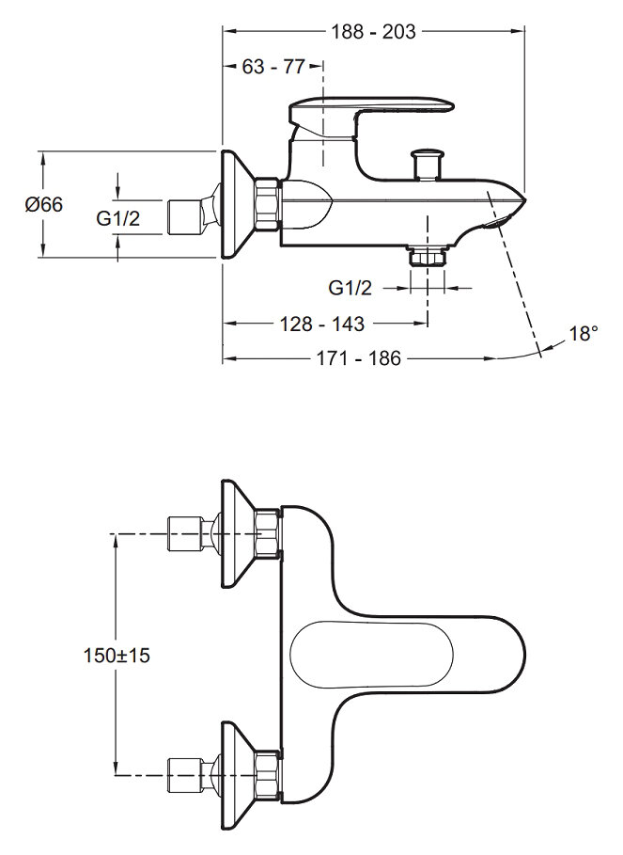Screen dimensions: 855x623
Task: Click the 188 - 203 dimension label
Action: click(373, 31)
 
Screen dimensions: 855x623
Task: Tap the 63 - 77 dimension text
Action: click(273, 67)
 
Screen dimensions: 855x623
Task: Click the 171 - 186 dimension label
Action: click(359, 358)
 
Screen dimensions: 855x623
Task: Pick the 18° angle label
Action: click(583, 334)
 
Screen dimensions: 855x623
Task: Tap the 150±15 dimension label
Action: click(117, 656)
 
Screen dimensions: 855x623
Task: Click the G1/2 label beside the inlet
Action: click(118, 219)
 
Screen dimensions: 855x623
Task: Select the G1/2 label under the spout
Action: click(350, 287)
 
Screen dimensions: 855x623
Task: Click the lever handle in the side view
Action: click(371, 108)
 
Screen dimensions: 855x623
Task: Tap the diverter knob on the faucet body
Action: click(428, 161)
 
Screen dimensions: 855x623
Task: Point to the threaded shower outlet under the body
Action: click(428, 256)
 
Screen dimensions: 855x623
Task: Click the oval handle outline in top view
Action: click(366, 655)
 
